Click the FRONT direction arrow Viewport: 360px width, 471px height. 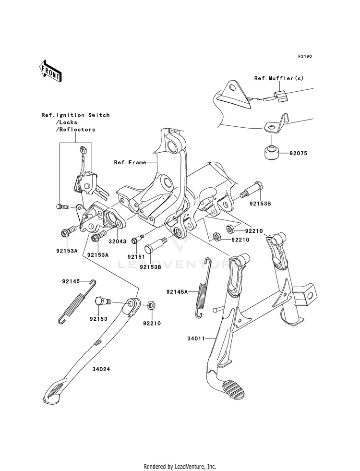[x=50, y=71]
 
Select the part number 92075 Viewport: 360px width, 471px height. [x=299, y=153]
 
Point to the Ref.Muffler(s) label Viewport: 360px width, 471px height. [x=279, y=78]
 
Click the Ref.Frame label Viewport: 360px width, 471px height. [x=130, y=162]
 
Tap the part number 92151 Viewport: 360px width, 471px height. [x=136, y=257]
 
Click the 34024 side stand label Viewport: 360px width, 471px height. [x=101, y=369]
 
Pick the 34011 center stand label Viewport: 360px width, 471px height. [x=196, y=338]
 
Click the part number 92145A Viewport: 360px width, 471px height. [x=177, y=291]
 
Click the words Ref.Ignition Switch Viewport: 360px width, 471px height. [x=76, y=115]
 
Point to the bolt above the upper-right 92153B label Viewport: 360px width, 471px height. [x=252, y=191]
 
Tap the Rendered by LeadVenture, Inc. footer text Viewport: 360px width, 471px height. [x=180, y=467]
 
